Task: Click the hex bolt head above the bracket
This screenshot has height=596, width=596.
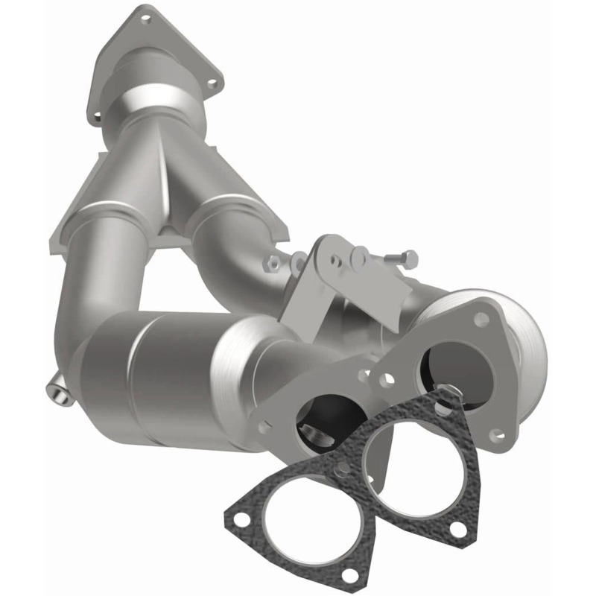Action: (x=409, y=259)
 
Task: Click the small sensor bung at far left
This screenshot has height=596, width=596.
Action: (x=60, y=393)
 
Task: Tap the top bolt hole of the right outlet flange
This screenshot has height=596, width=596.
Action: (x=481, y=318)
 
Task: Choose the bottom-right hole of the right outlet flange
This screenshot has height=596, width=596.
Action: (x=497, y=434)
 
